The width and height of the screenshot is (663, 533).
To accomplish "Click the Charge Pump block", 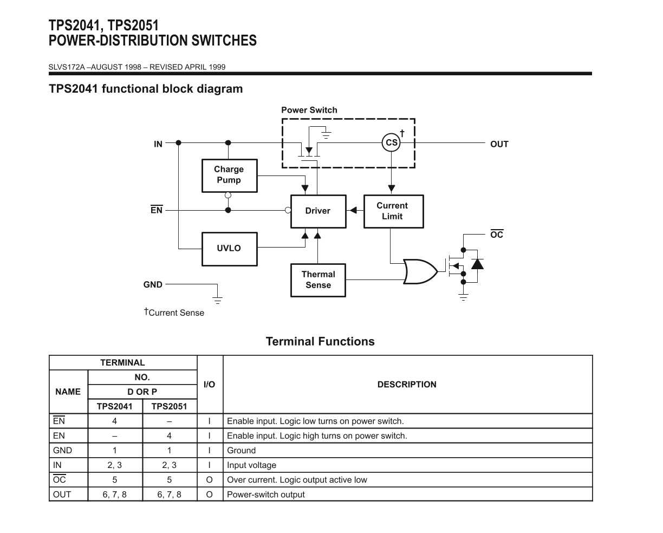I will [229, 175].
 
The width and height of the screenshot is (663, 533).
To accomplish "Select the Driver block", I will [318, 211].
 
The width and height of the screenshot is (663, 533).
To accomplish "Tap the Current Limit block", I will [393, 211].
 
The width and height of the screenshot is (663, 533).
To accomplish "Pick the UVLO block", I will [229, 249].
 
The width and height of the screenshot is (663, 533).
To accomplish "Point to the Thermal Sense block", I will [318, 280].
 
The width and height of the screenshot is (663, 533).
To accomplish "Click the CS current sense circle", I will [391, 143].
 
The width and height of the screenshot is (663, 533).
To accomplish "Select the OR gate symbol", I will [420, 271].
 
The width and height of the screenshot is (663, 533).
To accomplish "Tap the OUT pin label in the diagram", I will [499, 144].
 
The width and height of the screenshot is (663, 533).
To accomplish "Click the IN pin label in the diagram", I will [158, 144].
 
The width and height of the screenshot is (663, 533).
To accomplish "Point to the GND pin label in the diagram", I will [153, 284].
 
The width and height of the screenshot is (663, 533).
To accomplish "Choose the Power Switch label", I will [309, 110].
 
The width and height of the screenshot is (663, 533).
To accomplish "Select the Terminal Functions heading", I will [320, 341].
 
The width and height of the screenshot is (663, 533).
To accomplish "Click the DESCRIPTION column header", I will [407, 385].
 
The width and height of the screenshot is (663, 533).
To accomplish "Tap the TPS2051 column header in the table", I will [169, 406].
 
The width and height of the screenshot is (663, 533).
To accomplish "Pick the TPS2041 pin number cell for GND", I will [115, 450].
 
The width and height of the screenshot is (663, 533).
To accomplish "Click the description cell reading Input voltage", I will [252, 465].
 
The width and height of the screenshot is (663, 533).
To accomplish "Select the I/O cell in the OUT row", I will [210, 494].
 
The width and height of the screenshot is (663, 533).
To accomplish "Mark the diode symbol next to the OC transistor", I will [477, 264].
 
